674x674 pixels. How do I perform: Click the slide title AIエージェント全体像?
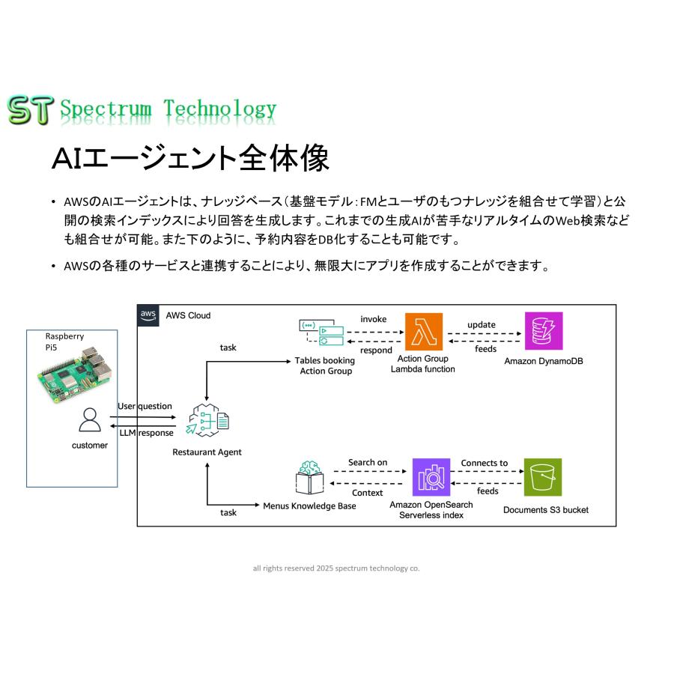pos(189,159)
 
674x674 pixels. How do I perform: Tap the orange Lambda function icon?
pos(423,331)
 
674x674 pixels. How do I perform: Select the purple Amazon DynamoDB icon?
pos(543,331)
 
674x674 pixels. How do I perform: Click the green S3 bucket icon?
pos(543,477)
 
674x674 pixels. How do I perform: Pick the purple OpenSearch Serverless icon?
pos(431,477)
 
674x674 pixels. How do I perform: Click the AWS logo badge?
pos(149,315)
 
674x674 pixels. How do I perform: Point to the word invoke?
pos(373,319)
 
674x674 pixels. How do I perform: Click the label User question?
pos(145,406)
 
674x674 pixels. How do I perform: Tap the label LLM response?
pos(146,433)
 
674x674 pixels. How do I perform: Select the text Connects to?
pos(484,463)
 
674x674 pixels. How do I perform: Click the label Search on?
pos(368,463)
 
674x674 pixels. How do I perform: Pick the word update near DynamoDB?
pos(481,324)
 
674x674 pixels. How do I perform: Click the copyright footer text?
pos(336,568)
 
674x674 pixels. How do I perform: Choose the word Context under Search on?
pos(367,493)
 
